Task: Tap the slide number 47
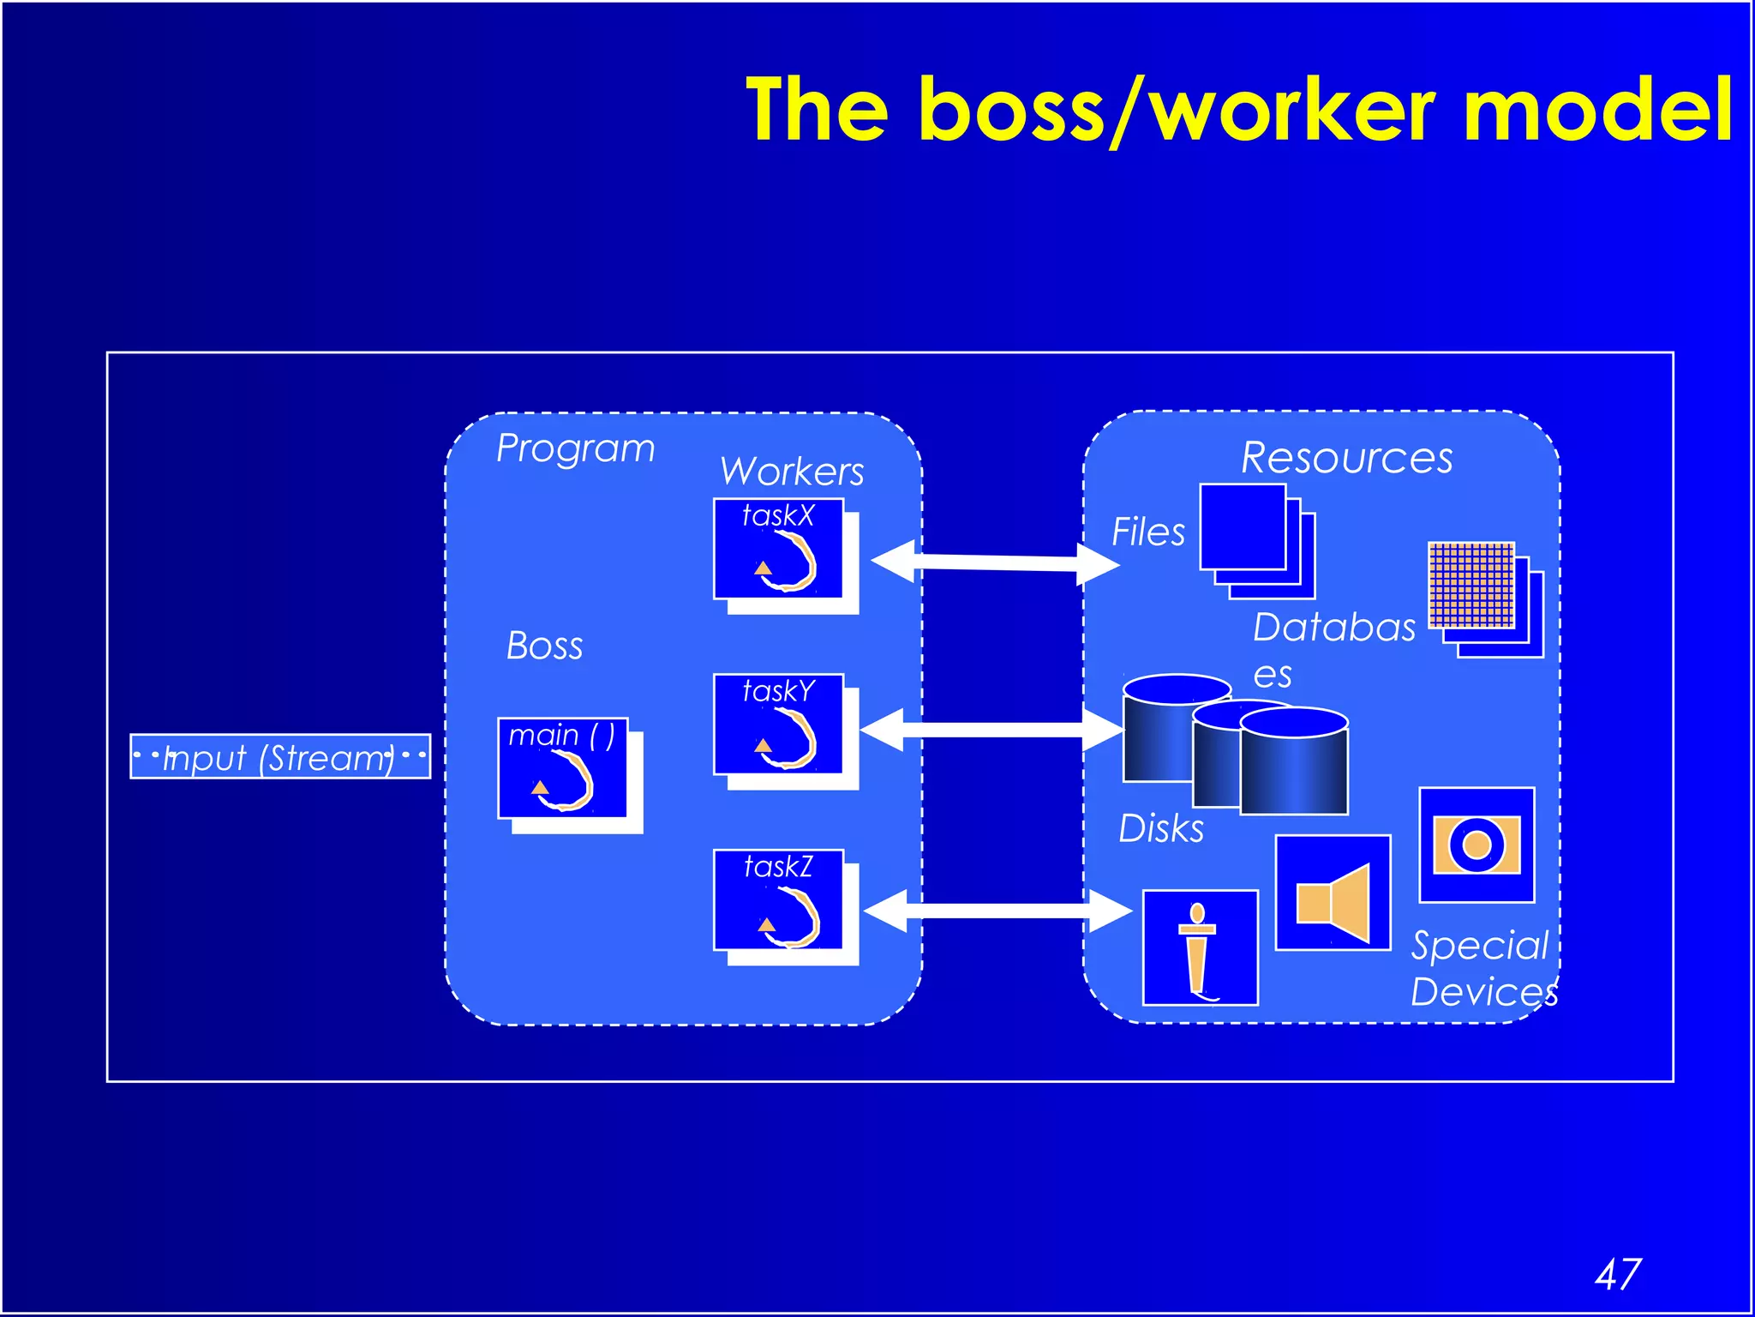click(x=1617, y=1274)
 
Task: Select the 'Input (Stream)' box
click(x=279, y=756)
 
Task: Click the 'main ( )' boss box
click(x=563, y=768)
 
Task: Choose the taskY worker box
click(x=778, y=725)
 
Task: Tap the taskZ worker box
click(x=778, y=900)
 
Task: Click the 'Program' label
click(x=575, y=448)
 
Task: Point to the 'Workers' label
click(x=792, y=472)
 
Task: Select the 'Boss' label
click(x=544, y=646)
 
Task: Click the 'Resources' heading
click(x=1346, y=458)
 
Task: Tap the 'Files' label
click(x=1147, y=532)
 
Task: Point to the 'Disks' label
click(x=1161, y=829)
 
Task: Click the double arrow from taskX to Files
click(x=995, y=562)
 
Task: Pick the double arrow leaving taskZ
click(x=997, y=911)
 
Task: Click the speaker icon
click(x=1333, y=893)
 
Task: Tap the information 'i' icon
click(x=1200, y=947)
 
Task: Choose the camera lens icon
click(x=1476, y=845)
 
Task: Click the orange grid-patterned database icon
click(x=1471, y=586)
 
